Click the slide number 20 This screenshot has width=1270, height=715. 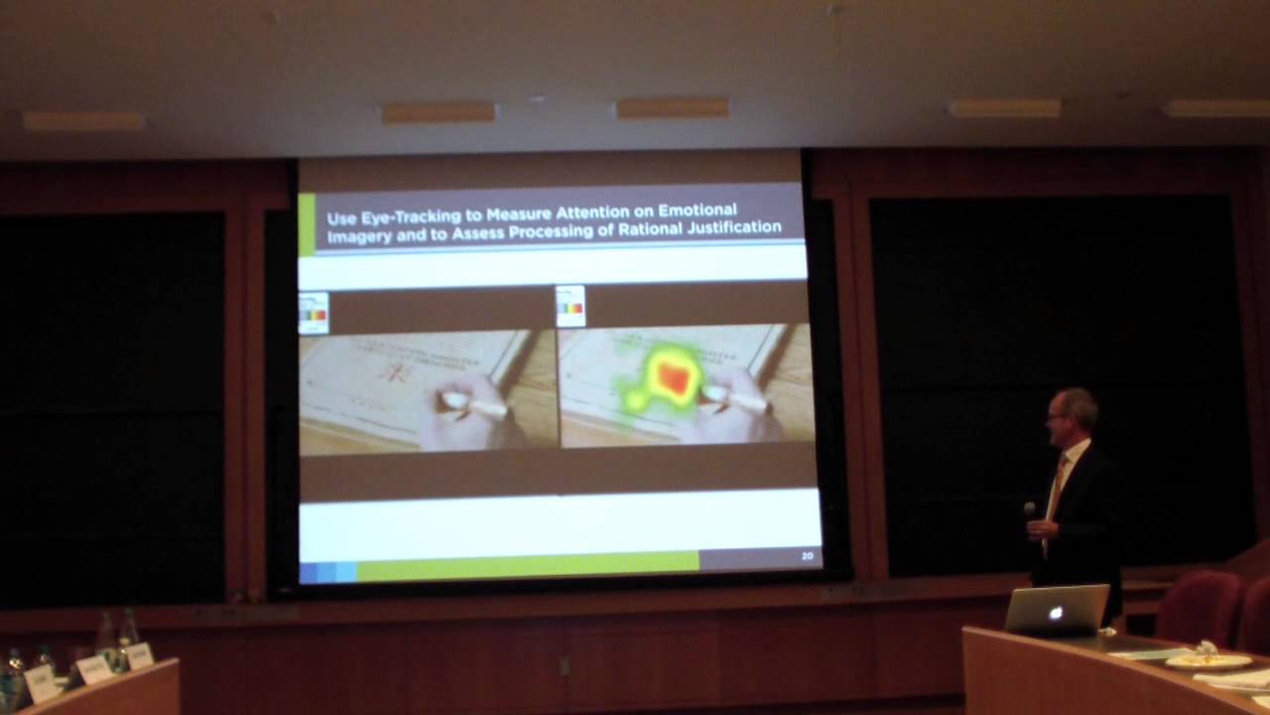(x=807, y=556)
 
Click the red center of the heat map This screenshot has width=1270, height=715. (x=674, y=377)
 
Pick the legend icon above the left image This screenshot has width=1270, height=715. (x=314, y=313)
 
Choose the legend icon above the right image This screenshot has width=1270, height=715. (x=571, y=307)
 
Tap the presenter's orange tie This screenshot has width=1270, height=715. (x=1058, y=482)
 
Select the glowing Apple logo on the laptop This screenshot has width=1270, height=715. (x=1056, y=613)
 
